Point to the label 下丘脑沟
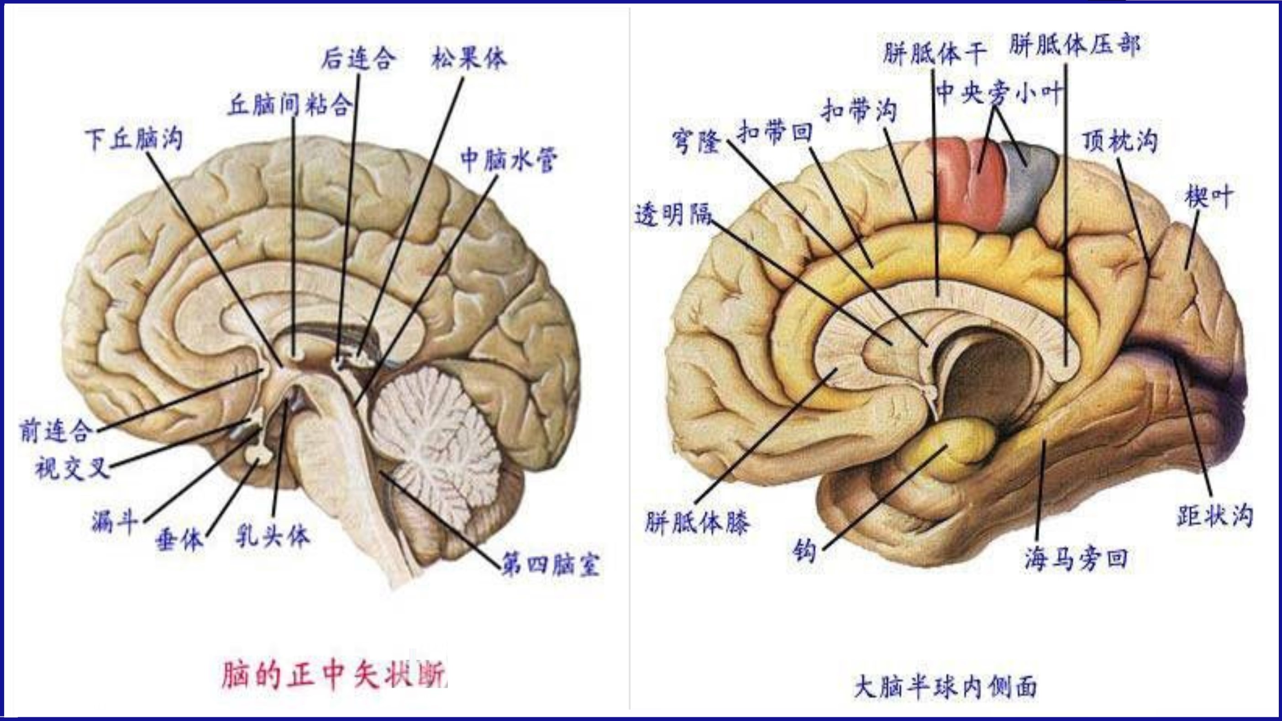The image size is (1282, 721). coord(134,139)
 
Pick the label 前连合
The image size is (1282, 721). coord(56,431)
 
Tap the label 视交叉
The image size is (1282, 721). coord(73,468)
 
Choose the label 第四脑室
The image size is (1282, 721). coord(551,565)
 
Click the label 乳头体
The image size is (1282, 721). coord(272,537)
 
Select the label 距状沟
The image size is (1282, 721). coord(1215,516)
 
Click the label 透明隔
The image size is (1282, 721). coord(673,215)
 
